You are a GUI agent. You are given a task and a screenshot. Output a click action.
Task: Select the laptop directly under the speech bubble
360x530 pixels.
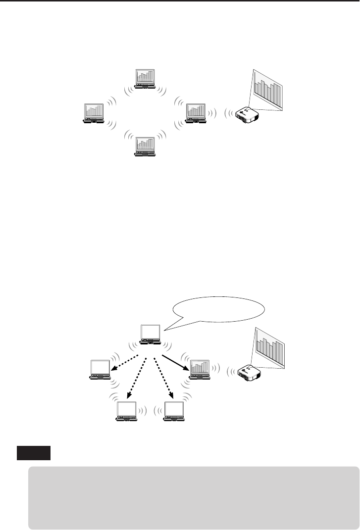pyautogui.click(x=151, y=335)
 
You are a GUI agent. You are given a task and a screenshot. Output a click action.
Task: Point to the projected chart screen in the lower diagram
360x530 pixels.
pyautogui.click(x=270, y=349)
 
